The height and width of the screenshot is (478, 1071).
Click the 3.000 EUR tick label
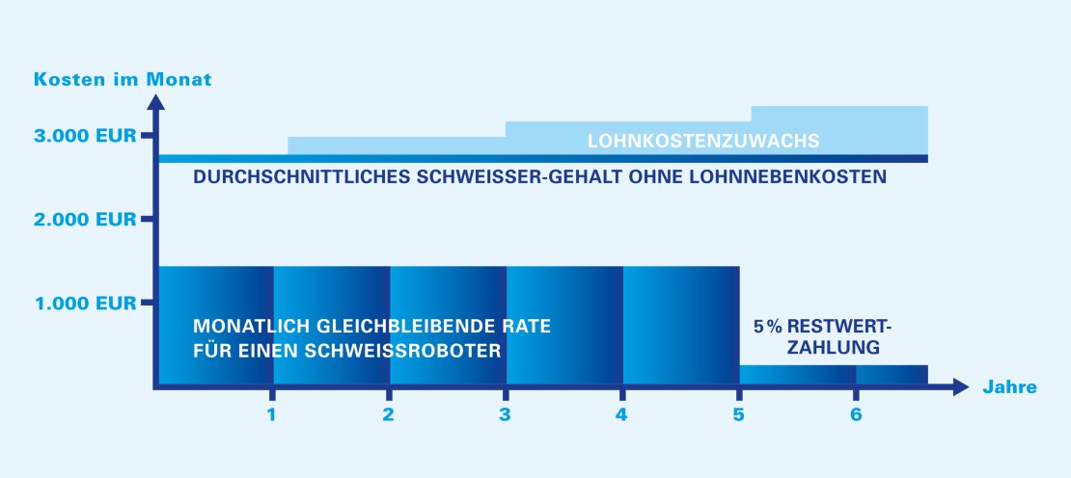(x=85, y=137)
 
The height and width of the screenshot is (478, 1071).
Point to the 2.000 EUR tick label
(x=85, y=220)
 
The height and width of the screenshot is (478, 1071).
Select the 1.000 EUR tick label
(x=85, y=304)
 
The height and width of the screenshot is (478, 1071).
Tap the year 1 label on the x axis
(x=272, y=415)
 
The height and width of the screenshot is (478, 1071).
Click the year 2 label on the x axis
(x=388, y=415)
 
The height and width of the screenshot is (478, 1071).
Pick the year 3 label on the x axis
(x=505, y=415)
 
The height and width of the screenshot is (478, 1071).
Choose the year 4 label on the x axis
(x=621, y=415)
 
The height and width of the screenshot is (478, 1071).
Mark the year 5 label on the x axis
(x=738, y=415)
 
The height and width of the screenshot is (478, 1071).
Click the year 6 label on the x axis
(x=855, y=415)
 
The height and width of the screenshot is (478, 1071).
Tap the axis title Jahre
(x=1010, y=388)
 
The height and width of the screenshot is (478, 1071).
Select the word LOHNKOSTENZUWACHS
(x=703, y=141)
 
